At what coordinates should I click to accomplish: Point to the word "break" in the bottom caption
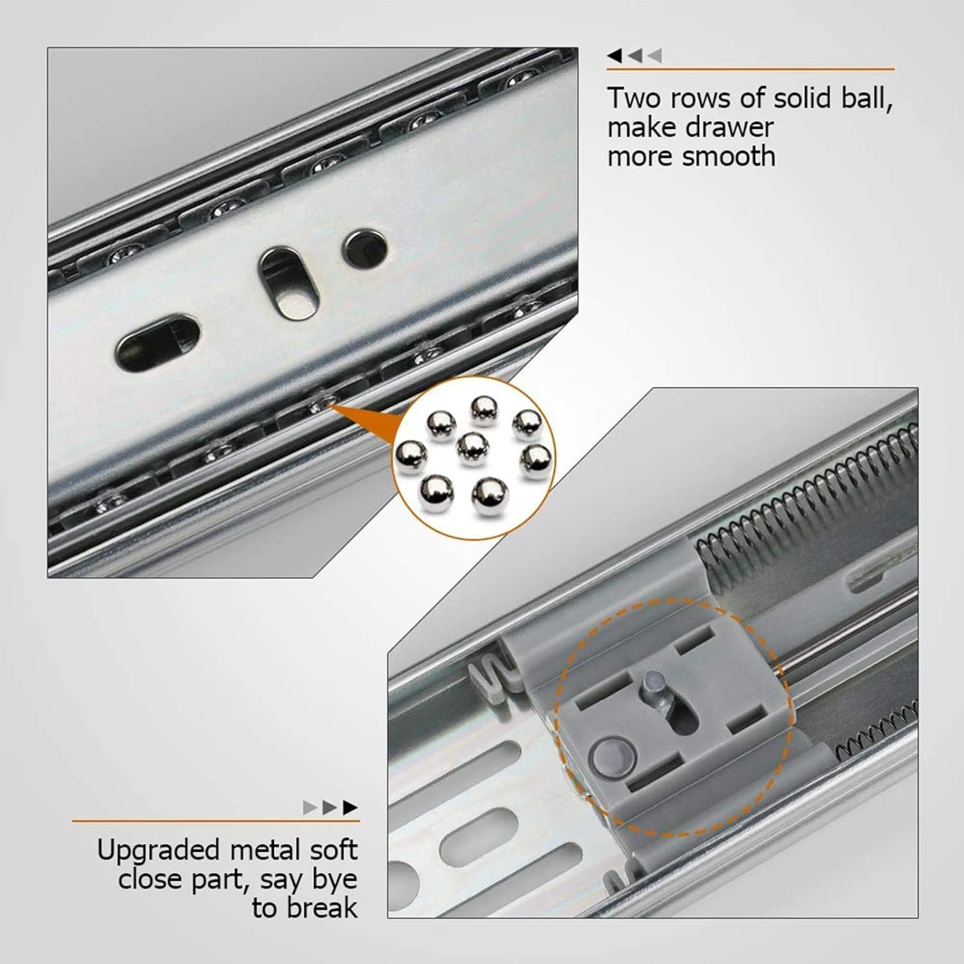(323, 907)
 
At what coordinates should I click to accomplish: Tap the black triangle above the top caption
(615, 56)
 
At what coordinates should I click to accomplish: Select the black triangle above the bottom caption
(350, 807)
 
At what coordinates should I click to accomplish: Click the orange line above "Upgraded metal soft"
(216, 821)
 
